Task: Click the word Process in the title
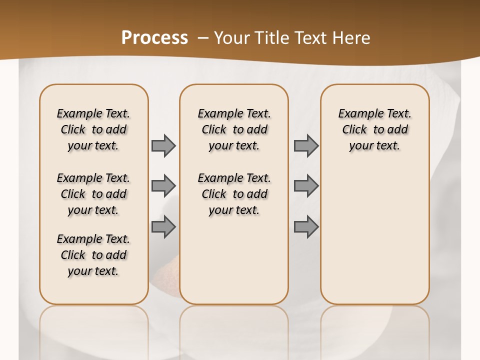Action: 154,37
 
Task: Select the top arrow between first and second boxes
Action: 163,145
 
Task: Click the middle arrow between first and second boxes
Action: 163,186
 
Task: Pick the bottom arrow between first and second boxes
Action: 163,226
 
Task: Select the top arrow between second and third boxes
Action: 306,145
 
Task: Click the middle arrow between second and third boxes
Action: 306,186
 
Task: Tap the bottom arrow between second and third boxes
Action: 306,226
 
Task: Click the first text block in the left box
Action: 93,129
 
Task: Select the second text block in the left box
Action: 93,194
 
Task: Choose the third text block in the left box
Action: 93,255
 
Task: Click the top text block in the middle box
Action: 234,129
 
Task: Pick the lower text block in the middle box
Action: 234,194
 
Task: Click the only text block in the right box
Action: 374,129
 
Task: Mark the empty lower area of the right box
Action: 374,235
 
